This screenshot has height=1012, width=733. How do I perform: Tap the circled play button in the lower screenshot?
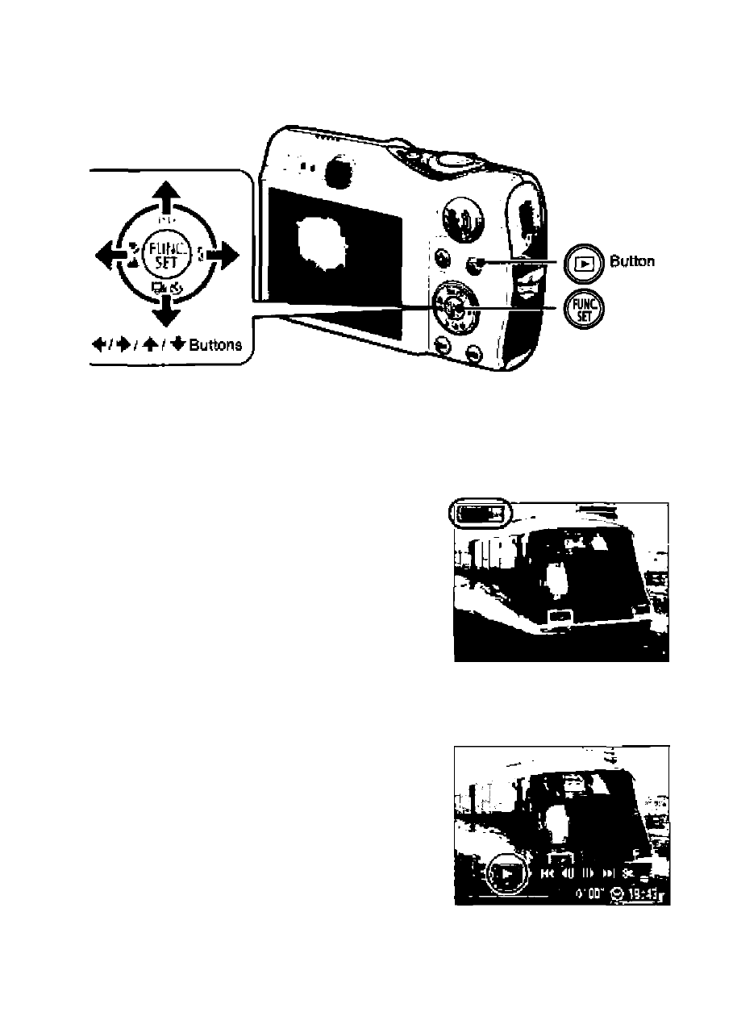(x=506, y=872)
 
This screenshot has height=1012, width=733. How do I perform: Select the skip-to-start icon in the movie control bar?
(x=548, y=872)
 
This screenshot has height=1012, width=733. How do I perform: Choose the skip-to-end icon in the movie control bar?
(x=609, y=872)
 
